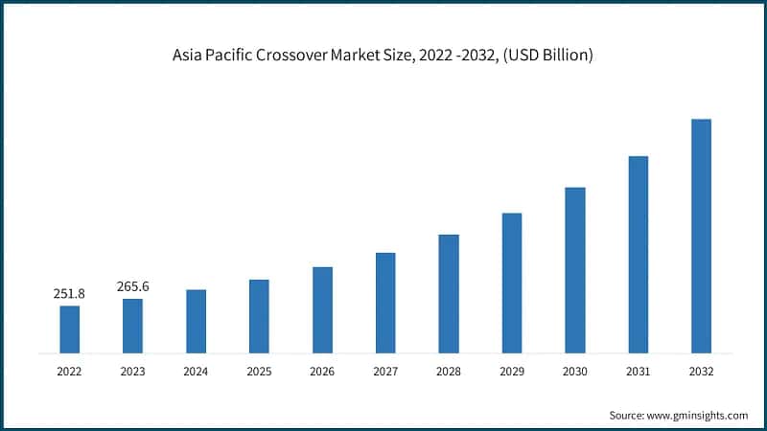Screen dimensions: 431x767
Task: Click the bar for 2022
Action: coord(69,329)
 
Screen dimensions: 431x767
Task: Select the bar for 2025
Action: coord(259,316)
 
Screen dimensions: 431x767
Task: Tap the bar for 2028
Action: coord(449,293)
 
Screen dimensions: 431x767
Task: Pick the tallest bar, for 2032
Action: coord(701,236)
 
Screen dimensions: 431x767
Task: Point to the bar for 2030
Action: coord(574,270)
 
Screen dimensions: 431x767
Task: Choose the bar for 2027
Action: coord(385,303)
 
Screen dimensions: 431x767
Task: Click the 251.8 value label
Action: coord(69,294)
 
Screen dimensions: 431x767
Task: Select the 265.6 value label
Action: coord(132,286)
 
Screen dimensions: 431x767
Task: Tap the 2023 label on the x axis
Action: coord(132,371)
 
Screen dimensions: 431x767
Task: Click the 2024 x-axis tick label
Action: coord(196,371)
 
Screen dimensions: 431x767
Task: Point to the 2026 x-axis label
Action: coord(322,371)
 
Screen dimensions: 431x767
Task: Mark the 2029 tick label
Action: coord(511,371)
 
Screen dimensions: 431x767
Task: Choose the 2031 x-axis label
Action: coord(638,371)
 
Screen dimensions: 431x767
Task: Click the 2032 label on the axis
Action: coord(701,371)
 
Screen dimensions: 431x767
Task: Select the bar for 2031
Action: coord(638,254)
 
